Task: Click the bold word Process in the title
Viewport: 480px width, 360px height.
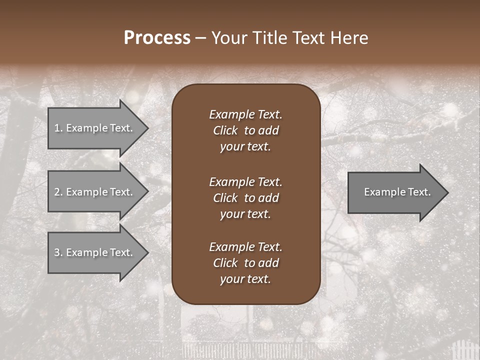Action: click(157, 38)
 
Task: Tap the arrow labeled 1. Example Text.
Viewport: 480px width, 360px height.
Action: click(95, 128)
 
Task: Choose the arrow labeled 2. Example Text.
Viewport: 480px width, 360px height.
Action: click(95, 192)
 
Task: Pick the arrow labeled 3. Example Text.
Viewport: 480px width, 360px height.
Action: click(95, 252)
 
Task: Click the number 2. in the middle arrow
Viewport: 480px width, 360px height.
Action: click(58, 192)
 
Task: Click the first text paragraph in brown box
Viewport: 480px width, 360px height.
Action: click(245, 130)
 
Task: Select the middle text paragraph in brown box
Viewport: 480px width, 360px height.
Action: click(245, 198)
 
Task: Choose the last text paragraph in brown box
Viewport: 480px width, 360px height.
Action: click(245, 263)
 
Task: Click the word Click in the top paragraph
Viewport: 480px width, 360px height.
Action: click(225, 130)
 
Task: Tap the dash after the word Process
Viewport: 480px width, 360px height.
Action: click(200, 38)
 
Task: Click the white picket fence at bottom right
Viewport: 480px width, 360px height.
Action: click(462, 350)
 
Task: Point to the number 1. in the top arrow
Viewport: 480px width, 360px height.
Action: click(58, 128)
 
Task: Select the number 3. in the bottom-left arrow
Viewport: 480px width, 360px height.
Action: click(58, 252)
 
